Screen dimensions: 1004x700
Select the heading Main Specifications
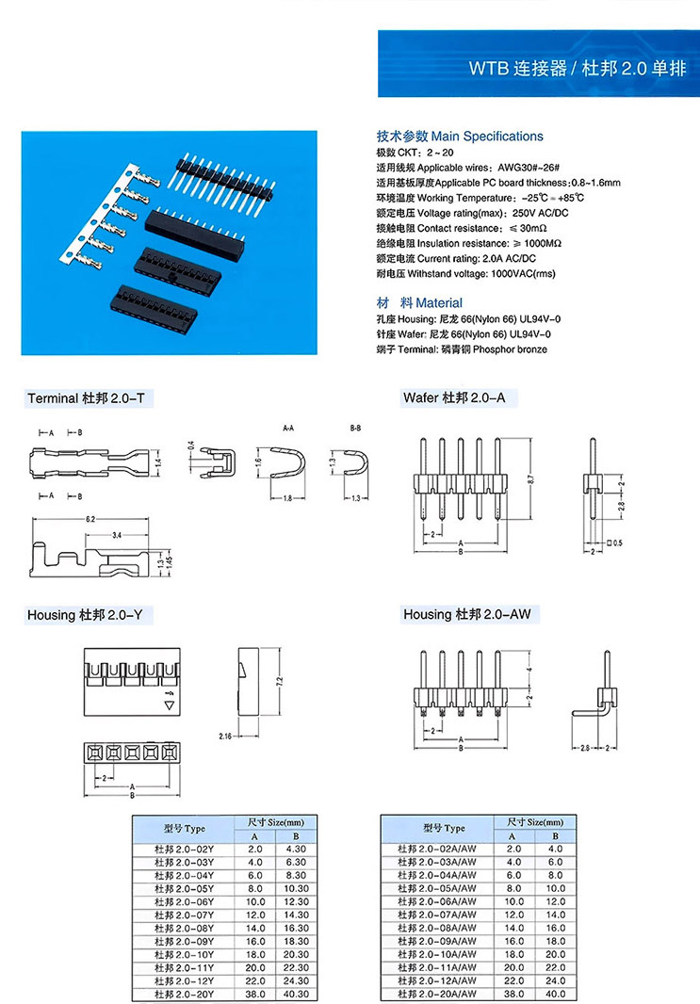tap(460, 137)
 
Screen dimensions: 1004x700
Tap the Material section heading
tap(419, 303)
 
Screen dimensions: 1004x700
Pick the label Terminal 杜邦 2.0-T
tap(86, 398)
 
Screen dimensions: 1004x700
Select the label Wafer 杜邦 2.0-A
tap(454, 398)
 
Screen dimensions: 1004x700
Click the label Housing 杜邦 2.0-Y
tap(84, 615)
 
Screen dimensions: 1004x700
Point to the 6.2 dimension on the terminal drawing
tap(90, 519)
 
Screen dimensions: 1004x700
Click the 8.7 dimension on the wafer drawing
tap(531, 480)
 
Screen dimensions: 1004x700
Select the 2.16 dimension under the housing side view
tap(225, 735)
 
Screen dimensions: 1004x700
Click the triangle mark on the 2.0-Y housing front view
tap(170, 704)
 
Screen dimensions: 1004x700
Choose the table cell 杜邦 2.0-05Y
tap(185, 888)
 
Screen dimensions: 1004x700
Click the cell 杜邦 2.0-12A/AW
tap(438, 980)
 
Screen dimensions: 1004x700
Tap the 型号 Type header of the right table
tap(443, 828)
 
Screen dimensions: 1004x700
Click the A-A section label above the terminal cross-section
tap(288, 428)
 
